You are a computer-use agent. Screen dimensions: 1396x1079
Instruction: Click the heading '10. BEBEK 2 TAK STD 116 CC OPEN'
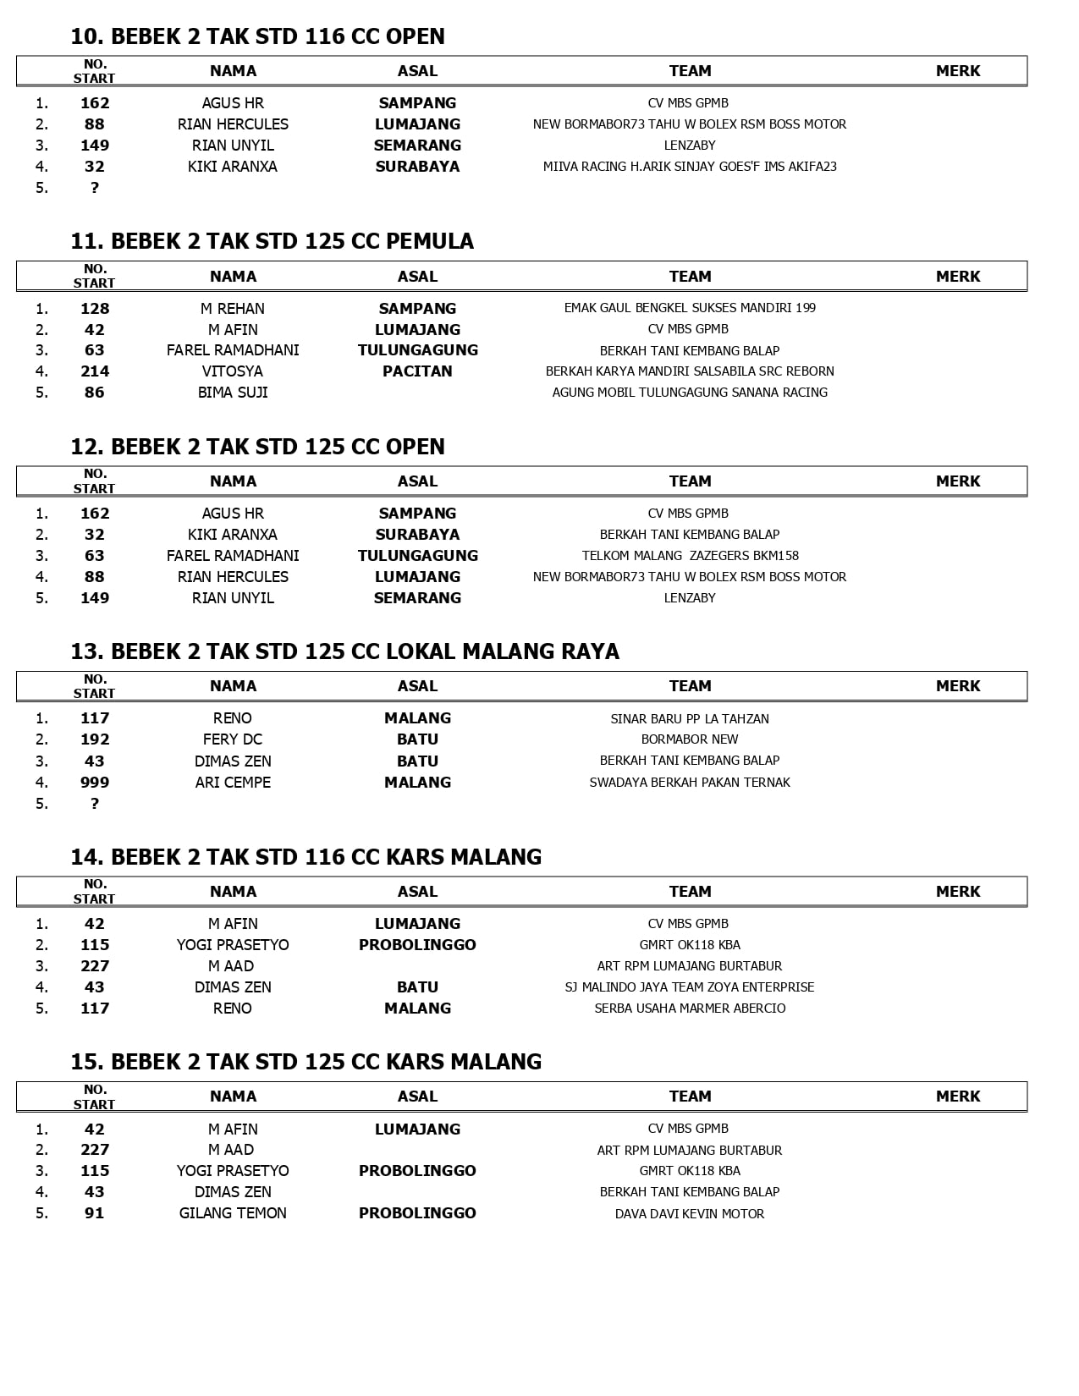point(257,36)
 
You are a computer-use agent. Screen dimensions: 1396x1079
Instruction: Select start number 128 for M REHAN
point(95,309)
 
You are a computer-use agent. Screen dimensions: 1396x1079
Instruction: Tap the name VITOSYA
point(233,371)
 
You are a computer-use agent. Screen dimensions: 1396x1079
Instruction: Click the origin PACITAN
point(417,371)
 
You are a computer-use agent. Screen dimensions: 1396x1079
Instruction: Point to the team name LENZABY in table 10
point(690,146)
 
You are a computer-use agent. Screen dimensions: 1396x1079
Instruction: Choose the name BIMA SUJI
point(233,393)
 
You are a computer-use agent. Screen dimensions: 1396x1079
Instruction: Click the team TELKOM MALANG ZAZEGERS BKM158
point(690,556)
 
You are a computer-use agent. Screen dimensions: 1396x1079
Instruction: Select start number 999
point(95,783)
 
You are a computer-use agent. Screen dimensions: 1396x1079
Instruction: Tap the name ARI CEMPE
point(233,783)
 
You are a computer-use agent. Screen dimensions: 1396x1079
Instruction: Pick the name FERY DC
point(233,739)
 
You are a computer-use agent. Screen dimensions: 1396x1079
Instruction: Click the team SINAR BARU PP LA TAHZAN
point(690,719)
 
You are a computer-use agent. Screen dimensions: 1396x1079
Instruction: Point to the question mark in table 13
point(95,804)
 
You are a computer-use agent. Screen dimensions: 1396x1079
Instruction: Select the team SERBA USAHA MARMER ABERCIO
point(690,1009)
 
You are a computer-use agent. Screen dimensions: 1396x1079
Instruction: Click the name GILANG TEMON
point(233,1213)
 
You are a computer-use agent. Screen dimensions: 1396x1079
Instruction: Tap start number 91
point(95,1213)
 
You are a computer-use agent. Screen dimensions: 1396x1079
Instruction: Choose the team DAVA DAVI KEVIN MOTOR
point(690,1214)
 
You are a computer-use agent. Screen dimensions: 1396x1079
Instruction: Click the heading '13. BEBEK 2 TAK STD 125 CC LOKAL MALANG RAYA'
point(344,651)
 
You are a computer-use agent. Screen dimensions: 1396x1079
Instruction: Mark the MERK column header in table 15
point(958,1096)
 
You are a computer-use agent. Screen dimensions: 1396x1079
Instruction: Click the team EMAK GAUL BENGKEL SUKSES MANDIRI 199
point(690,308)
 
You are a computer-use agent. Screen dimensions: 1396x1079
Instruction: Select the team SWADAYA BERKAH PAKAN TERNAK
point(690,783)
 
